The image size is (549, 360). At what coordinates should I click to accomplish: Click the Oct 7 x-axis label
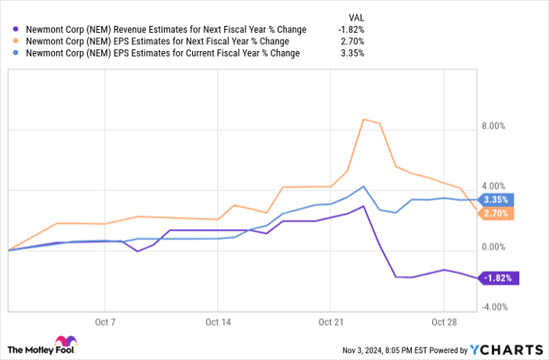tap(104, 322)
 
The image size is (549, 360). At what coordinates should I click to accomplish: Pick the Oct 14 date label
tap(218, 322)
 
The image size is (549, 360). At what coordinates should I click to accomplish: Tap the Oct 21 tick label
tap(331, 322)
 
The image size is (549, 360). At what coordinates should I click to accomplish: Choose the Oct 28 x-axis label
tap(444, 322)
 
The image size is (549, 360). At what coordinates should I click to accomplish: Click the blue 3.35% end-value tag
tap(496, 199)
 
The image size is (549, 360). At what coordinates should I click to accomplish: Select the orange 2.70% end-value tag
tap(496, 213)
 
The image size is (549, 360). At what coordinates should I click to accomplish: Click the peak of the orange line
tap(364, 119)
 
